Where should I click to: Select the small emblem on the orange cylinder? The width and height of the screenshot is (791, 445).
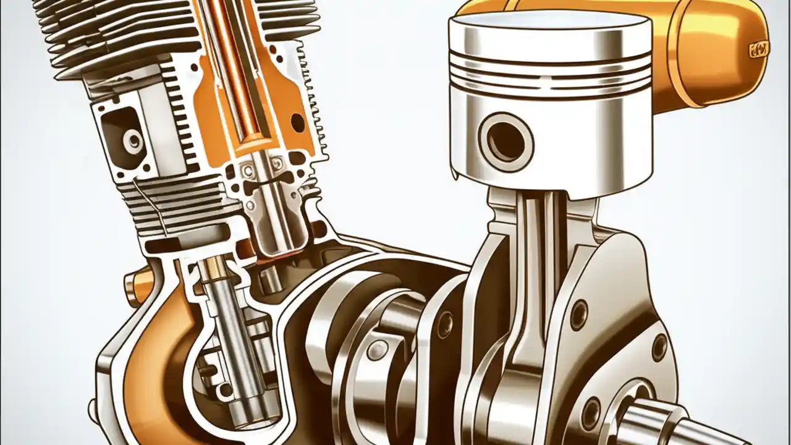pos(759,49)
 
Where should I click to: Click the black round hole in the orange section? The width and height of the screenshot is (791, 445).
pos(297,121)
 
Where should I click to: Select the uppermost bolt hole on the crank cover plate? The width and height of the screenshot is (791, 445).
pos(578,315)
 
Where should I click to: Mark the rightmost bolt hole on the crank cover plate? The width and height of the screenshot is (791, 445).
pos(659,347)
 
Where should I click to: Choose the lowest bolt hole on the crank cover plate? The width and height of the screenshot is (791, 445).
pos(591,413)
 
